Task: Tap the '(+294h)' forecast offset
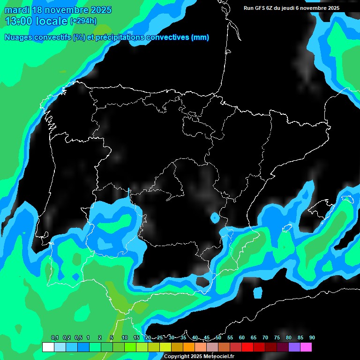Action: tap(83, 21)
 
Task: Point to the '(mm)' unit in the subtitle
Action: tap(200, 37)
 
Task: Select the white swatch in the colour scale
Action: tap(48, 347)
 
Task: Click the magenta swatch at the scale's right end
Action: tap(306, 347)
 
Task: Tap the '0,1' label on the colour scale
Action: tap(55, 338)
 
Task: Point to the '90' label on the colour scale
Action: tap(312, 338)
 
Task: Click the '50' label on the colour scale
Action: tap(218, 338)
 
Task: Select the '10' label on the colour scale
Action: tap(125, 338)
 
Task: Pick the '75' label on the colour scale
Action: tap(277, 338)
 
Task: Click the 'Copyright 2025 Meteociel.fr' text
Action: tap(199, 356)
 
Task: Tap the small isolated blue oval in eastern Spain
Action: tap(215, 217)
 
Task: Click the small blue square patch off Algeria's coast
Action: tap(258, 292)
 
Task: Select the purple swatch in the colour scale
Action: tap(294, 347)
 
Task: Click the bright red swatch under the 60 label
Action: tap(247, 347)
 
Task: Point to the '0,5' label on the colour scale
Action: tap(78, 338)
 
